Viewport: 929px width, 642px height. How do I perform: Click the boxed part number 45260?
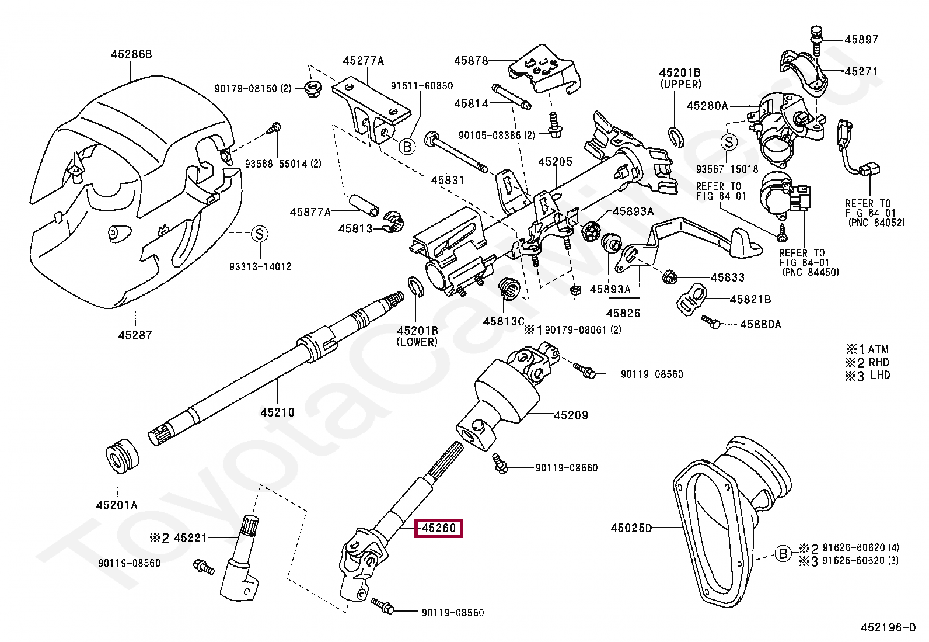438,528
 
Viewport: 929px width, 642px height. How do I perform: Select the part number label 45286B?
131,54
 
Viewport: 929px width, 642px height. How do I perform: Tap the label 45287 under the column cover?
135,335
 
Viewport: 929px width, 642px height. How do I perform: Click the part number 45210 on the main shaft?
277,412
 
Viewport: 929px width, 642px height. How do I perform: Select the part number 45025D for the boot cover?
631,528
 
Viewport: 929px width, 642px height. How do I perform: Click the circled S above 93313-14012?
259,234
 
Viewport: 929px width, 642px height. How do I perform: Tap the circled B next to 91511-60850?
407,146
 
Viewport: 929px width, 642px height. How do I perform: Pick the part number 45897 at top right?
862,39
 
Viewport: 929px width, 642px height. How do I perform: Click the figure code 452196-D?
888,628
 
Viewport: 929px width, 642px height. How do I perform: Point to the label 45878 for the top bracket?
472,60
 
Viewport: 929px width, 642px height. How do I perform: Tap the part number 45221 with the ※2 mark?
190,537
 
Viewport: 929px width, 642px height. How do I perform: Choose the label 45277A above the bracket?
364,60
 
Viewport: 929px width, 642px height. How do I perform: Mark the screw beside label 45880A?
710,321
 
